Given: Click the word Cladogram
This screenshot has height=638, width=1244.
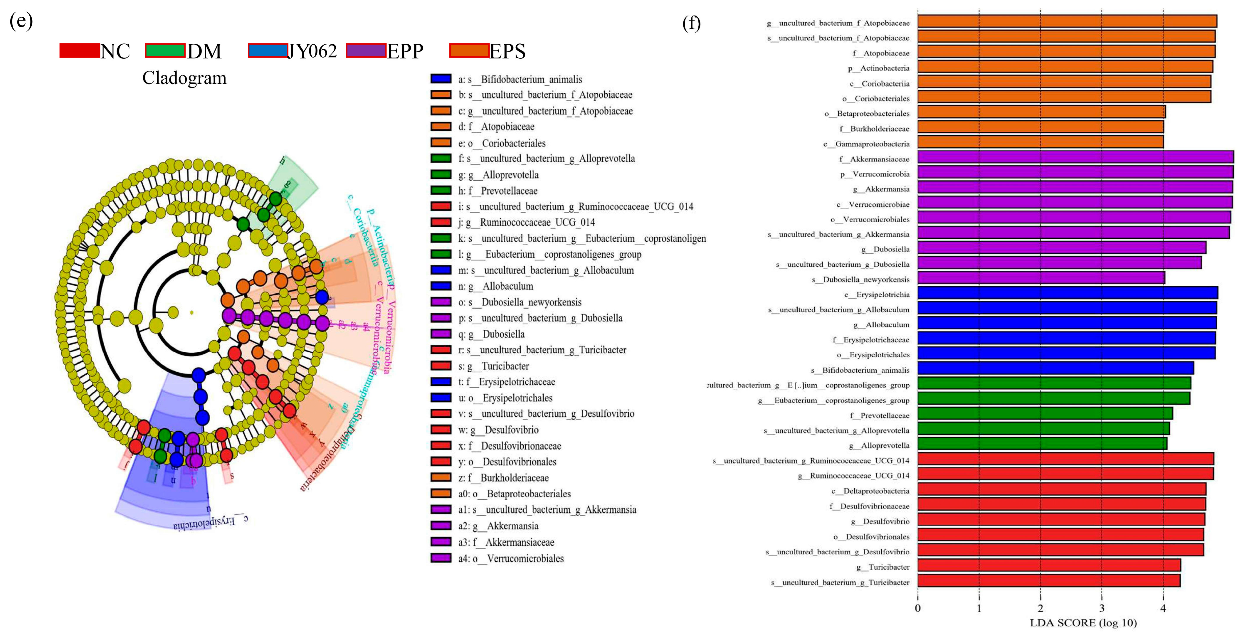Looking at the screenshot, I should pyautogui.click(x=184, y=78).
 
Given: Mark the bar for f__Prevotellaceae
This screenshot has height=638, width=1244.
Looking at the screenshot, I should pyautogui.click(x=1045, y=414).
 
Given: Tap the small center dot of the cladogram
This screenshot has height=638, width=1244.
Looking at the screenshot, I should pyautogui.click(x=192, y=312).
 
